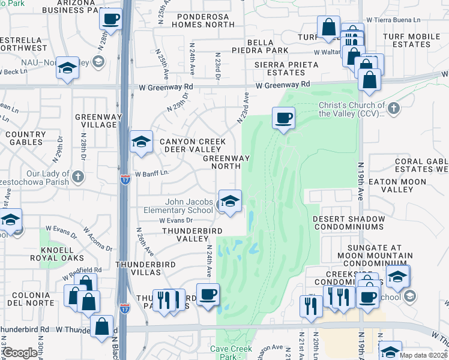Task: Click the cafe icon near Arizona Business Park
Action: (110, 19)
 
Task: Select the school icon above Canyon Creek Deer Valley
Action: (140, 142)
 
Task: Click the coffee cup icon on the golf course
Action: (283, 117)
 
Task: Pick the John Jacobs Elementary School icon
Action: (229, 202)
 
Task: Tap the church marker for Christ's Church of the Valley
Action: (394, 108)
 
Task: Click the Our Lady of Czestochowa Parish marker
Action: (79, 177)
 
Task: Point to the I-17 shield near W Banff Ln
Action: (124, 179)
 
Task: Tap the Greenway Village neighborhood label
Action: (95, 120)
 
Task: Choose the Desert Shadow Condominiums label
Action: (348, 223)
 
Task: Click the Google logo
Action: (20, 353)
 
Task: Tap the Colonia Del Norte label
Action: (29, 298)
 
